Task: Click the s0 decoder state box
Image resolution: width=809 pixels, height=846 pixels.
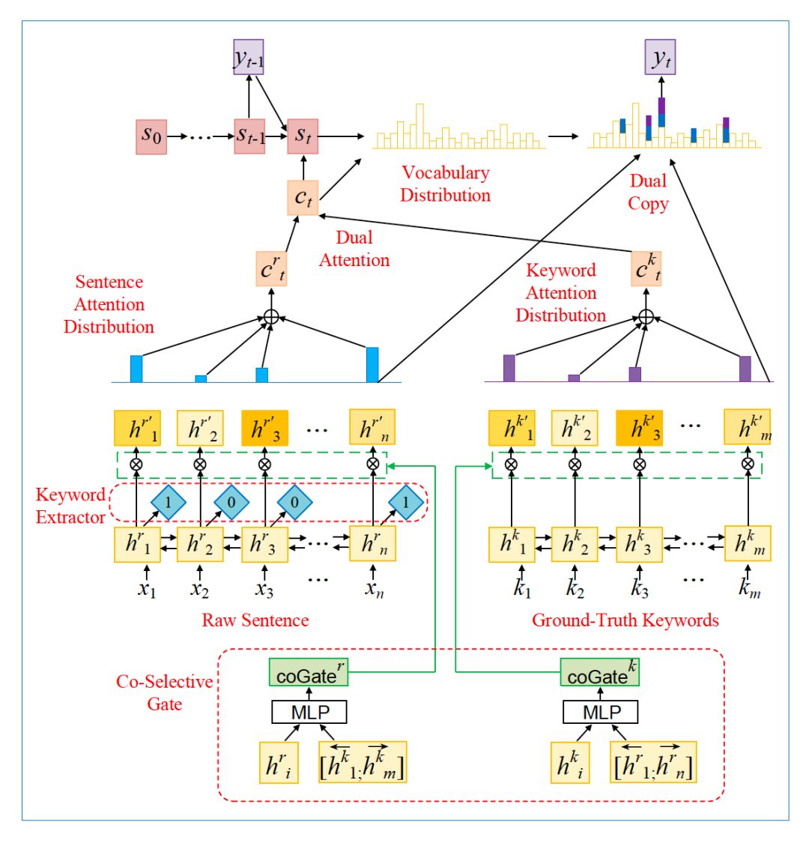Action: (151, 136)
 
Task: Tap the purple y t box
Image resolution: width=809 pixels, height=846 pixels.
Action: (660, 58)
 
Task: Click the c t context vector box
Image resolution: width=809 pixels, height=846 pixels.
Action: (302, 197)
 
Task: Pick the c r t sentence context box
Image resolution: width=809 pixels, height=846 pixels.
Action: (271, 268)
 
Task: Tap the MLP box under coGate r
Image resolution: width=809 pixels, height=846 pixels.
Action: (309, 711)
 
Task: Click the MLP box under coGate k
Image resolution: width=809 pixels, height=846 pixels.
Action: (601, 711)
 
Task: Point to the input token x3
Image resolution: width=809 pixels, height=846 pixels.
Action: (264, 588)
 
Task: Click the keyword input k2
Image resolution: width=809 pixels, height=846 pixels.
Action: (575, 588)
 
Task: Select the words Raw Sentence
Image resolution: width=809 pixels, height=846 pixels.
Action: (255, 620)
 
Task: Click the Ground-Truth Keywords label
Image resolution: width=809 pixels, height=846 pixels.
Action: (625, 620)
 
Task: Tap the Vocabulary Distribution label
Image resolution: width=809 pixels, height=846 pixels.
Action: (445, 184)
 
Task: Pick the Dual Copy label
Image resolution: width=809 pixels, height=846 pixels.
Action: (648, 192)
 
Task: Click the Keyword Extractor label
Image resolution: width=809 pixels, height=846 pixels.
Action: (70, 506)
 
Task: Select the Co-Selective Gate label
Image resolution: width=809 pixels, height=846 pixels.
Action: (164, 692)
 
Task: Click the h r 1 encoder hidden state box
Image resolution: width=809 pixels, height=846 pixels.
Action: (138, 543)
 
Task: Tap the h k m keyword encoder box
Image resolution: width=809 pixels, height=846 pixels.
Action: (747, 543)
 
